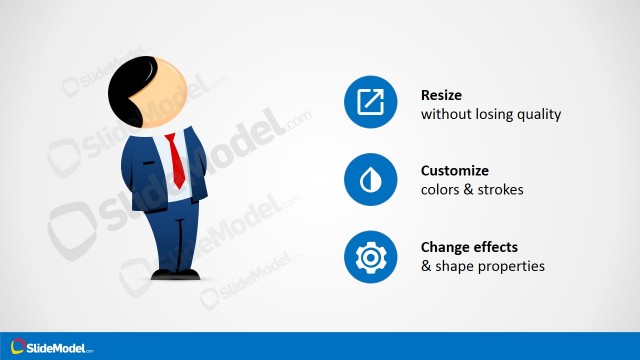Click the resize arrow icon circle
pos(371,103)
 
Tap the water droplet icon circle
pos(371,180)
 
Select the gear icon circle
pos(371,257)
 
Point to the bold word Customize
pos(455,171)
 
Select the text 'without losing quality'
pos(491,114)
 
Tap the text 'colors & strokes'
pos(472,189)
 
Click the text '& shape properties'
pos(482,266)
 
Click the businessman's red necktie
pos(176,160)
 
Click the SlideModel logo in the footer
pos(49,347)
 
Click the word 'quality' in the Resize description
pos(540,114)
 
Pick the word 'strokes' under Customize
pos(501,189)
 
